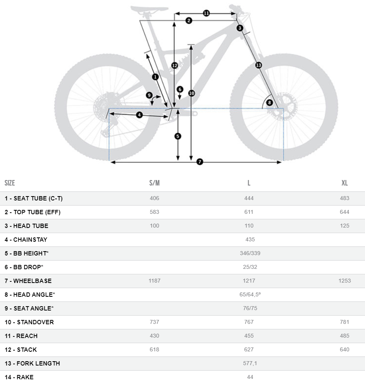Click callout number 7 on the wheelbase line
(x=200, y=162)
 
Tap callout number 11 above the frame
(x=206, y=13)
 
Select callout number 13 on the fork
(x=259, y=65)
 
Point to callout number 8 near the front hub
(x=269, y=103)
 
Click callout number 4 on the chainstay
(x=139, y=115)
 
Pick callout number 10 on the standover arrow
(x=191, y=93)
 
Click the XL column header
(x=344, y=183)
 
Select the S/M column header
(x=154, y=183)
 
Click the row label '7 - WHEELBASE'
(x=28, y=281)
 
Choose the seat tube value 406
(x=154, y=198)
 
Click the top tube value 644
(x=344, y=212)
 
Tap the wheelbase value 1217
(x=249, y=281)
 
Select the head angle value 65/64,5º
(x=250, y=294)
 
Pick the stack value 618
(x=154, y=349)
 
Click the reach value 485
(x=344, y=336)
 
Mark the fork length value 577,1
(x=250, y=363)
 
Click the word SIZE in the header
(x=10, y=183)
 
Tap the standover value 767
(x=249, y=322)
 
